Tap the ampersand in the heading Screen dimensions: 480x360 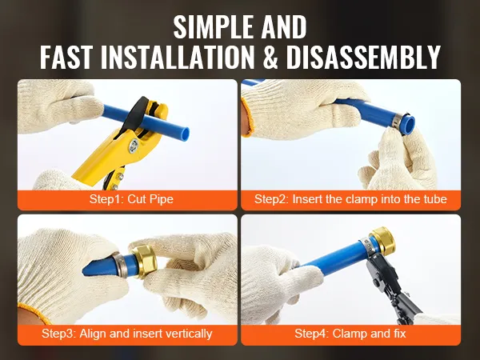270,57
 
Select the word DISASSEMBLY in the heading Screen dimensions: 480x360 363,57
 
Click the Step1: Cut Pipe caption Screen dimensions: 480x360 131,199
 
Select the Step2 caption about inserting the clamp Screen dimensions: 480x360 350,199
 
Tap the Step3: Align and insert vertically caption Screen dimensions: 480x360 127,334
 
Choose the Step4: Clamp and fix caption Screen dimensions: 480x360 350,334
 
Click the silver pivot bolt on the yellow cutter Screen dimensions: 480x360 134,145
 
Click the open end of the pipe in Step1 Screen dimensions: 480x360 185,133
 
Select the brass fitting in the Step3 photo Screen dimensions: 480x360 145,262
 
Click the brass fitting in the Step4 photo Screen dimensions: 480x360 382,239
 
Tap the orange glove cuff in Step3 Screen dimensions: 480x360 34,313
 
